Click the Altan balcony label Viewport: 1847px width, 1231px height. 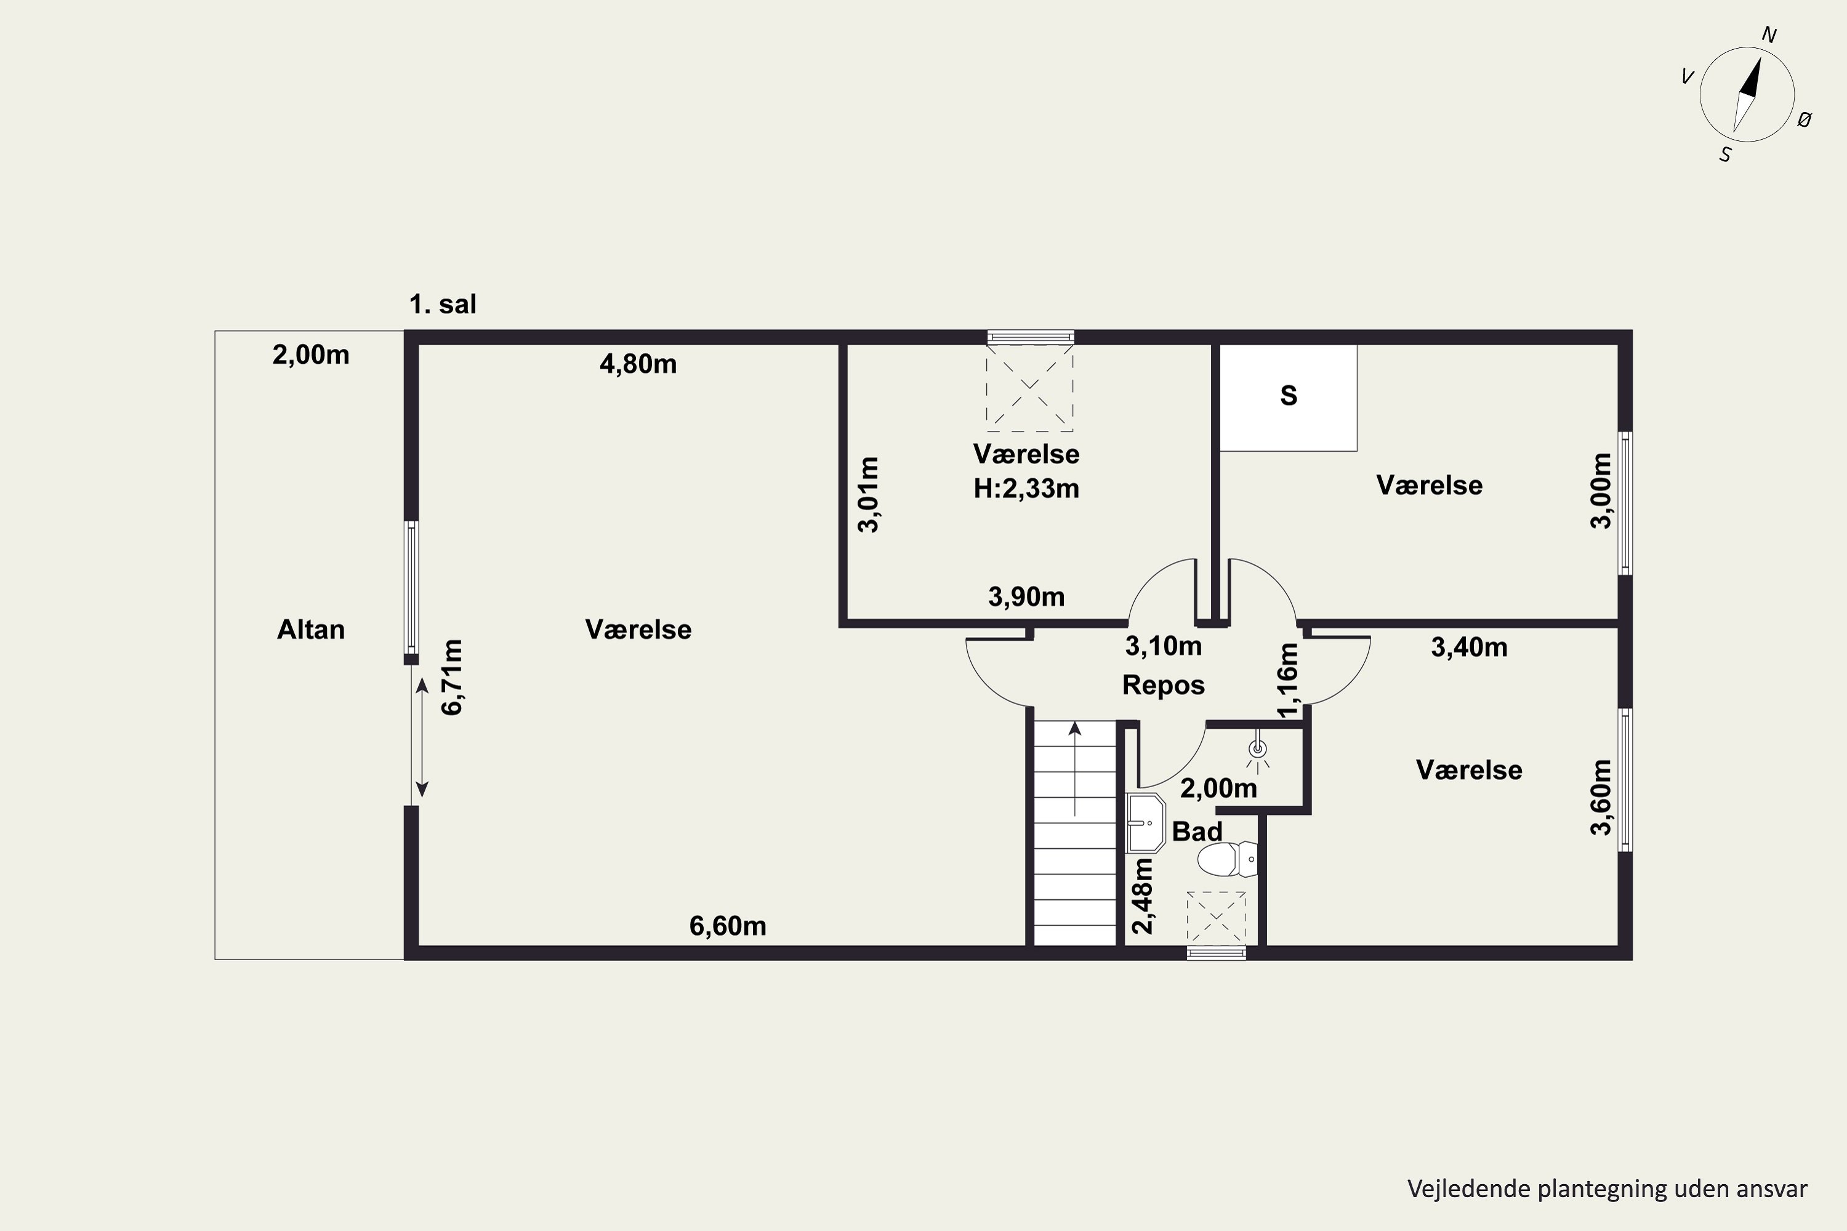310,630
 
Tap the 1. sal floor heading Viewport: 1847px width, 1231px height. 443,304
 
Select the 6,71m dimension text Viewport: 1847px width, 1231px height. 453,676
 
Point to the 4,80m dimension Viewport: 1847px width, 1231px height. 638,364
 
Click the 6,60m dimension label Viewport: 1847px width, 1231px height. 727,926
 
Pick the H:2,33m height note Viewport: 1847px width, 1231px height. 1026,488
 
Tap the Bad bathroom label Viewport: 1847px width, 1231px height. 1197,832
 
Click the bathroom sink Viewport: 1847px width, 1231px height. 1146,823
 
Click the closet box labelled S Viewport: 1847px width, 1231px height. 1288,398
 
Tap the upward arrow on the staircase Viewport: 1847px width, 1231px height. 1074,770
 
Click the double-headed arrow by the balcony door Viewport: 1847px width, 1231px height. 422,737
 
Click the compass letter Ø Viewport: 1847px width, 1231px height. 1805,119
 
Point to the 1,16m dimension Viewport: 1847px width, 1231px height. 1288,680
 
